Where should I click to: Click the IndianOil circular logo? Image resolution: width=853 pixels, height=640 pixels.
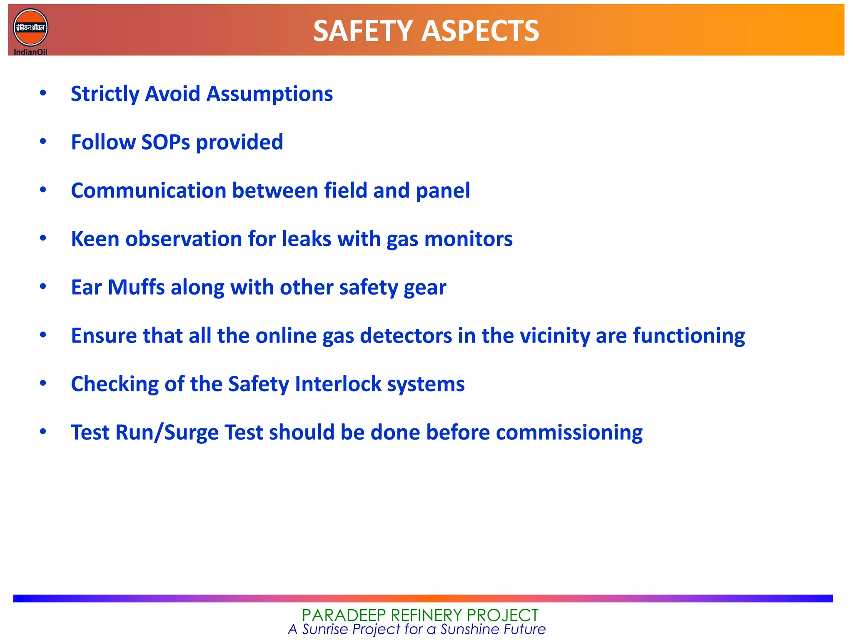[30, 28]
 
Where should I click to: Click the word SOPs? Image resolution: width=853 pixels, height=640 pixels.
[165, 142]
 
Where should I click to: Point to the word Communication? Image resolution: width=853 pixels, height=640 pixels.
[148, 191]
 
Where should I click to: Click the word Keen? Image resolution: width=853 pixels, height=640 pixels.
[95, 239]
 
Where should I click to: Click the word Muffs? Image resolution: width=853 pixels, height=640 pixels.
[136, 287]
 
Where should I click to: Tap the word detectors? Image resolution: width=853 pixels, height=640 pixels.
[406, 336]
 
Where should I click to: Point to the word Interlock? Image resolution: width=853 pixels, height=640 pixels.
[338, 384]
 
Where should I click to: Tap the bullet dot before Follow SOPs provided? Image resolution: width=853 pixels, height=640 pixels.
[43, 142]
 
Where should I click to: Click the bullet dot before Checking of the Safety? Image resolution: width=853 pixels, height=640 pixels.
[43, 383]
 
